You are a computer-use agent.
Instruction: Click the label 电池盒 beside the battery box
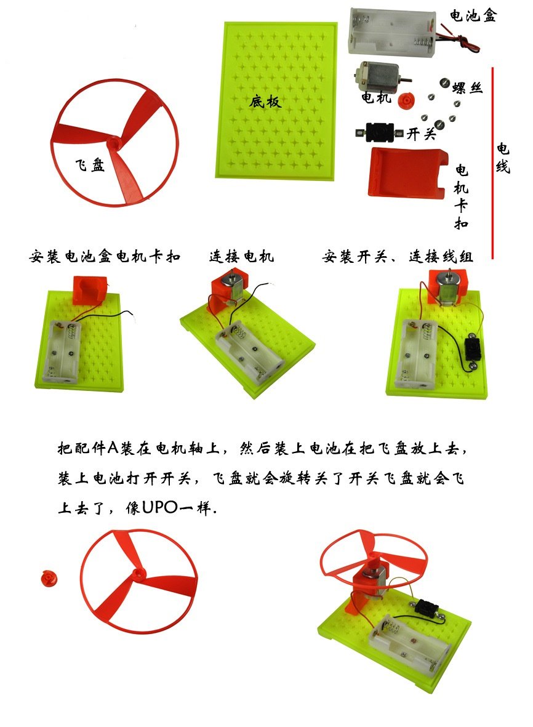[x=473, y=16]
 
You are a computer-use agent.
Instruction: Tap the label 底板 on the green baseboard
[x=265, y=102]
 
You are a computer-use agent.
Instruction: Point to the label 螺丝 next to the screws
[x=467, y=87]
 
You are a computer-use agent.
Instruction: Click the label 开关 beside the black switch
[x=422, y=134]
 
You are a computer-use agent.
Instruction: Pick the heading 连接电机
[x=241, y=257]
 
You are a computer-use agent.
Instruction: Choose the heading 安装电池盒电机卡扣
[x=105, y=257]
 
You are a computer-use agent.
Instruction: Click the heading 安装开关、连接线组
[x=398, y=257]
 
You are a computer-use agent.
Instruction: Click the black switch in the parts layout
[x=379, y=131]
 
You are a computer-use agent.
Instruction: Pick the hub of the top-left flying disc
[x=114, y=143]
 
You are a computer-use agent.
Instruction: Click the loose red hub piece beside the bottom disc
[x=48, y=577]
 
